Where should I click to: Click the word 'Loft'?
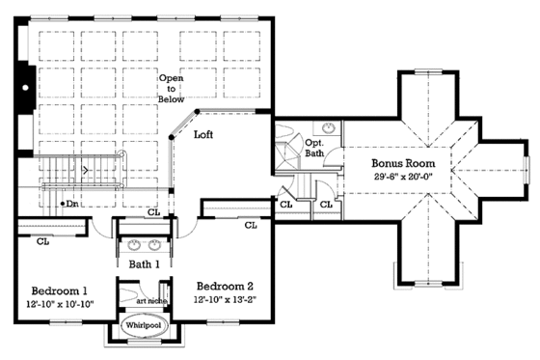(203, 135)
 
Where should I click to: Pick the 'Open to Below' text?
(172, 87)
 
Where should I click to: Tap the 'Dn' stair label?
(68, 204)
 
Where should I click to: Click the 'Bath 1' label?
(145, 263)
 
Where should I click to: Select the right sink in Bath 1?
(158, 243)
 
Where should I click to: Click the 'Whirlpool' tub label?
(143, 326)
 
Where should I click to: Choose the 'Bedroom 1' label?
(59, 291)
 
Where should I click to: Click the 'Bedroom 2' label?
(225, 286)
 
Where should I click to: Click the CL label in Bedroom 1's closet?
(42, 241)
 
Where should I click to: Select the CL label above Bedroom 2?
(250, 225)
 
